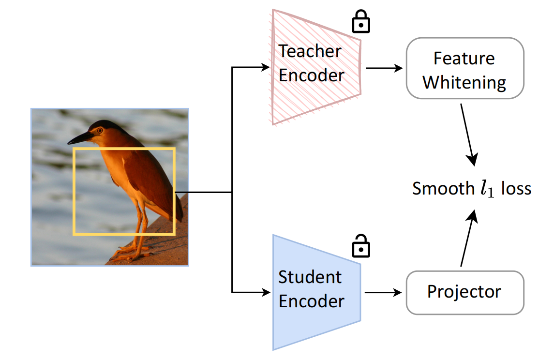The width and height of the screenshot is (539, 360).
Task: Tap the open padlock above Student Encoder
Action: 360,246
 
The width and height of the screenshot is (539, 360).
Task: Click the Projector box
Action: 464,292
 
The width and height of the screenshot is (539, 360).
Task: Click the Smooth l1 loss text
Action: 471,189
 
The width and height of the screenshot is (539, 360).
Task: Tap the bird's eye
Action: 99,130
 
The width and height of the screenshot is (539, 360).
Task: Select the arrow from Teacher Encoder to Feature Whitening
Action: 384,68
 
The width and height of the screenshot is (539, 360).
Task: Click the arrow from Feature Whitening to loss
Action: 468,133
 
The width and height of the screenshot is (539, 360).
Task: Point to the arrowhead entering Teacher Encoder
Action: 266,68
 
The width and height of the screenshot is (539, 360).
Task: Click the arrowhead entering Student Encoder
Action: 266,292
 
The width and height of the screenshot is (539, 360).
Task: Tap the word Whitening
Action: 464,82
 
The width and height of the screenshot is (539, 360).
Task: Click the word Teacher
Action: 310,51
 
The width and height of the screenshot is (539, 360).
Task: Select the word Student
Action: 310,277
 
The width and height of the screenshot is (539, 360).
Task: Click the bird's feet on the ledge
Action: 131,252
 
